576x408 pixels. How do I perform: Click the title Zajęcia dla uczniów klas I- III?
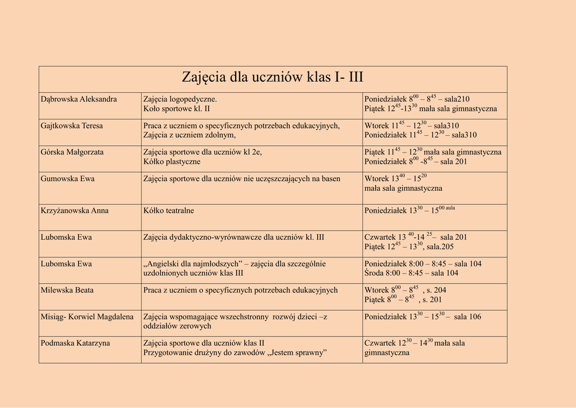[272, 77]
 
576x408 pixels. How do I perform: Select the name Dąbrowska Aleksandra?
[79, 100]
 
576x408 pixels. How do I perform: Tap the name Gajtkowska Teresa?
[71, 126]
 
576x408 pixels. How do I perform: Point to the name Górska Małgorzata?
[72, 153]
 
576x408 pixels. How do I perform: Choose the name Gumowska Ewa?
[67, 179]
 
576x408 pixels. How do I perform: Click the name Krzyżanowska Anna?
[74, 211]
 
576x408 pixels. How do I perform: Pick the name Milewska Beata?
[67, 290]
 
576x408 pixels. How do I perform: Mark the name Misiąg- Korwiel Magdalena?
[87, 317]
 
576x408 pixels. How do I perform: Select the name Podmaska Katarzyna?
[75, 343]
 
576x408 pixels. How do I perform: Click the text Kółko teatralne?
[169, 211]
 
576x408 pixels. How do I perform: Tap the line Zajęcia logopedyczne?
[180, 100]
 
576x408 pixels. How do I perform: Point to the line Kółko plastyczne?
[172, 162]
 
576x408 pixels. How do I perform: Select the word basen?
[331, 179]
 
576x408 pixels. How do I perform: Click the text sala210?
[457, 100]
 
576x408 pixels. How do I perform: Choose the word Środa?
[374, 274]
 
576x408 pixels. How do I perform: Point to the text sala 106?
[467, 317]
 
